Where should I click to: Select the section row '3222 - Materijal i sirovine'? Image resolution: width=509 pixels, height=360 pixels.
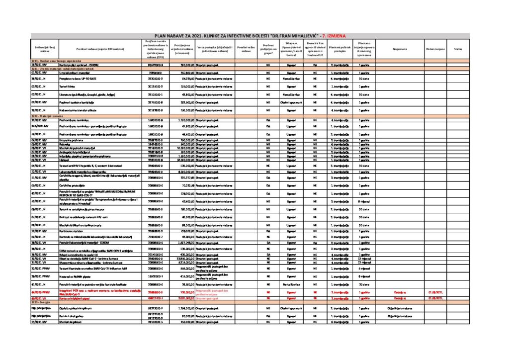44,115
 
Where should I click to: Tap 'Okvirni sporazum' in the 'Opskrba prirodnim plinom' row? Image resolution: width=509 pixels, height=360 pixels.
291,308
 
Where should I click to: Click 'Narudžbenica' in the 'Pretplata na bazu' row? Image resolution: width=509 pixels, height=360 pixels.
291,79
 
